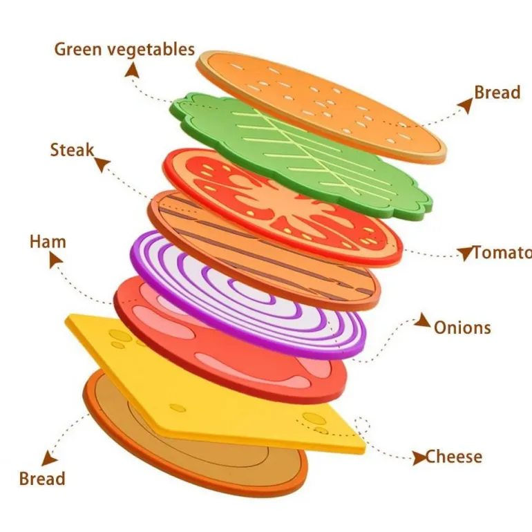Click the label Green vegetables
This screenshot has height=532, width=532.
pos(124,50)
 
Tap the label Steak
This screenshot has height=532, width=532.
pos(72,150)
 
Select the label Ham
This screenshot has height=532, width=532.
pos(48,242)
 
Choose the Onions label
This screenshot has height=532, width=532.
pos(462,327)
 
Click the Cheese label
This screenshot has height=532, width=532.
pos(453,457)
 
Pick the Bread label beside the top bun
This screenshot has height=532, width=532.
pos(497,93)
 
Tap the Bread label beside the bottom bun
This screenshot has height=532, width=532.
pos(42,479)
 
